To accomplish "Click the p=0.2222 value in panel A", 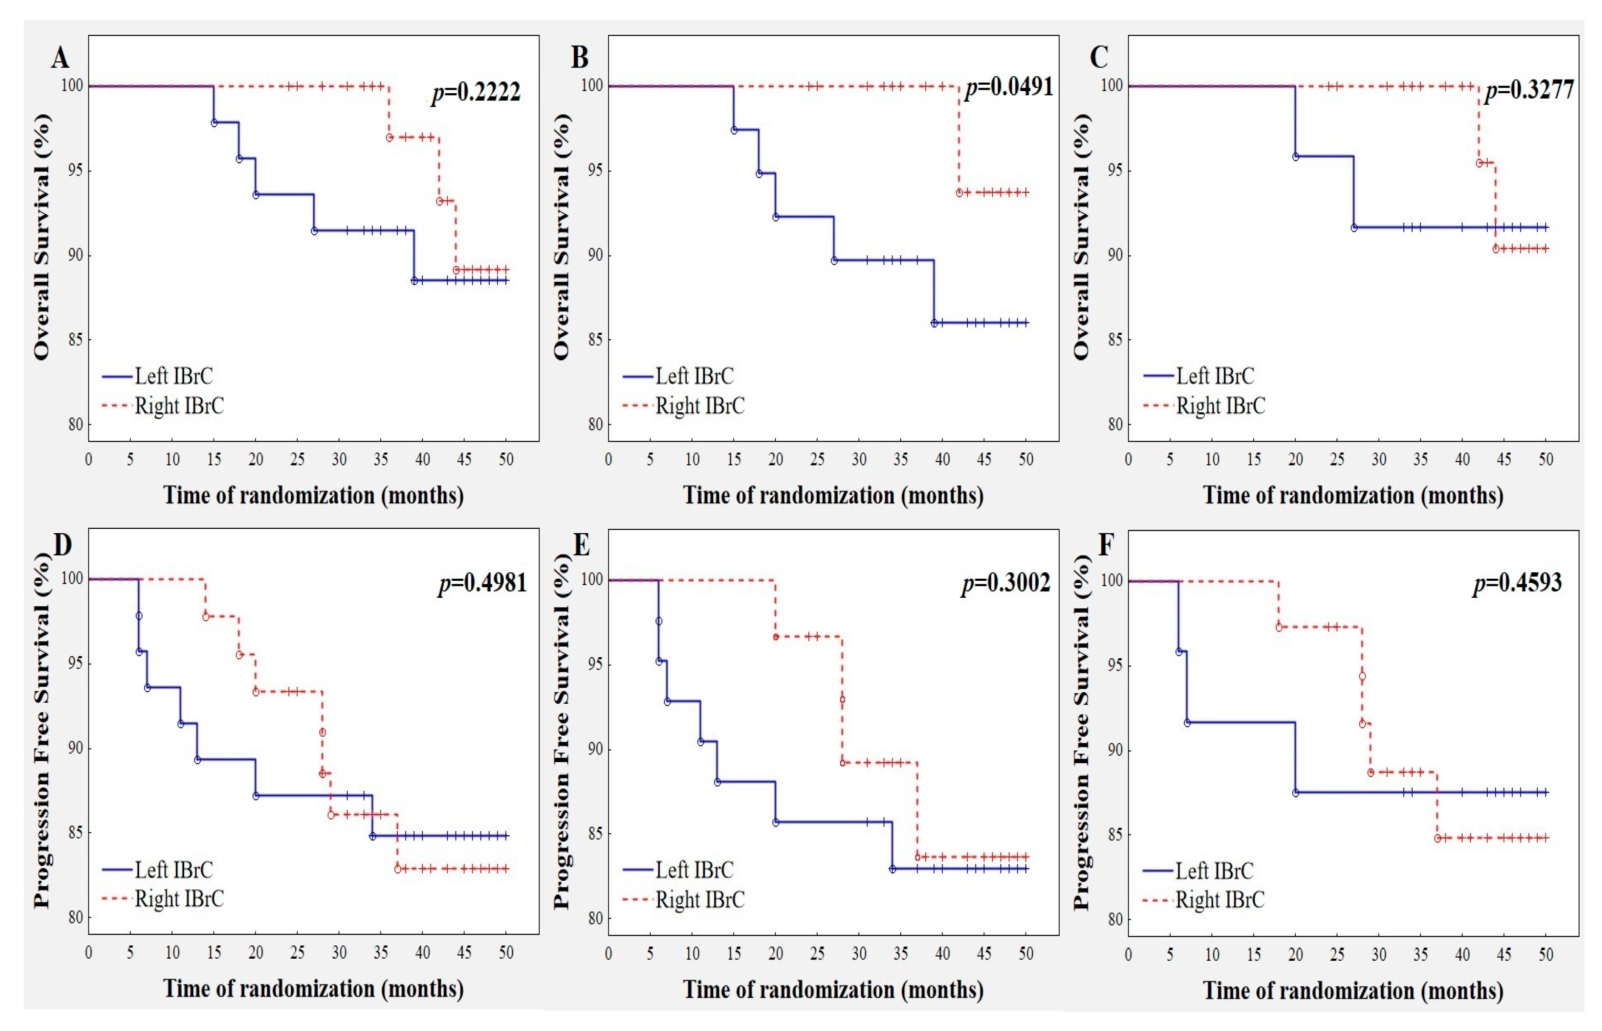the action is [x=476, y=92].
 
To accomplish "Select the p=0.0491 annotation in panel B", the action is [x=1009, y=87].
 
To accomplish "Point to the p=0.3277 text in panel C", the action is [x=1530, y=90].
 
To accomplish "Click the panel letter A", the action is [x=60, y=58].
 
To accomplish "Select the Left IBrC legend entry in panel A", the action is [x=158, y=376].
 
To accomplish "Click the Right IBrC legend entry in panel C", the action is [x=1205, y=406].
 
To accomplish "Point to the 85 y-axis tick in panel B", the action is [x=595, y=340].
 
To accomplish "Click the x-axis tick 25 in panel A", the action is [x=297, y=459].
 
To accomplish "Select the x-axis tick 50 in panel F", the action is [x=1546, y=955].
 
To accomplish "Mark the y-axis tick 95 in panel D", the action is [x=74, y=663].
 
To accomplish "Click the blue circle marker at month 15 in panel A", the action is [x=214, y=123].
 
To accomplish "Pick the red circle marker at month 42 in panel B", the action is [x=959, y=193].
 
